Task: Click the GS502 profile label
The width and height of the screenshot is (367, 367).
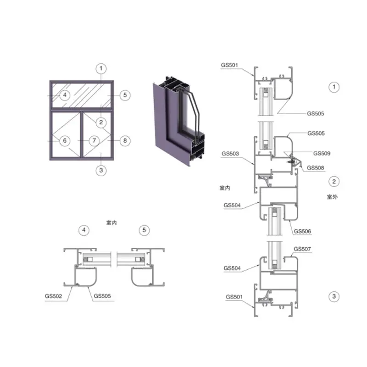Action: [x=53, y=296]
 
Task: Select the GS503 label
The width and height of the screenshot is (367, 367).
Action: [x=230, y=154]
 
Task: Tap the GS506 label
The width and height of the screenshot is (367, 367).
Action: [x=302, y=231]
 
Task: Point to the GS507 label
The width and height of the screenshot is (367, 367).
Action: [x=302, y=249]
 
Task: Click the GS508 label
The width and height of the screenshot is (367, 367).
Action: [x=315, y=168]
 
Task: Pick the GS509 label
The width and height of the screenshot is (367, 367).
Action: [x=322, y=153]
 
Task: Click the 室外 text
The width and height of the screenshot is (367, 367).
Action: [x=332, y=197]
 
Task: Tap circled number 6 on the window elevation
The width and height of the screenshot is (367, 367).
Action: [x=65, y=141]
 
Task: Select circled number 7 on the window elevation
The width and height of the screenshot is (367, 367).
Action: [x=95, y=141]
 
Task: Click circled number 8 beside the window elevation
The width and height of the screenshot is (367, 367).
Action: [x=125, y=141]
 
